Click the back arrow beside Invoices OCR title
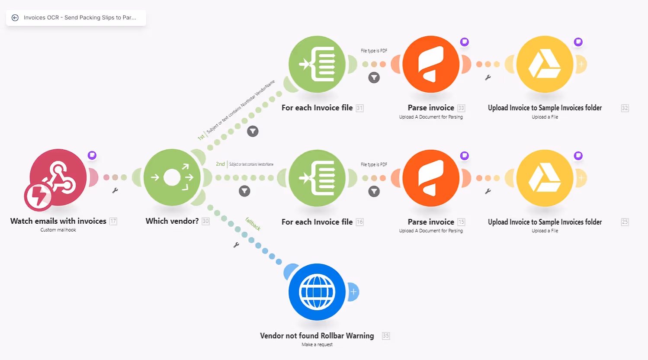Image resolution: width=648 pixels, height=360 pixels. point(15,18)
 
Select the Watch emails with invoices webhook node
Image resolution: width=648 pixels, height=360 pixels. point(58,177)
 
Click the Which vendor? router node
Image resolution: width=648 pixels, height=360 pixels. point(172,177)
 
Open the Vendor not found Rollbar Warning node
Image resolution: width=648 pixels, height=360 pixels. point(317,292)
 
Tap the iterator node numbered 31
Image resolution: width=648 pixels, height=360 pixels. point(317,64)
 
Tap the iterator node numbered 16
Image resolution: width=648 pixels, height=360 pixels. point(317,178)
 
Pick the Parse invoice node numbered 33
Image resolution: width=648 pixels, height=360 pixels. point(431,64)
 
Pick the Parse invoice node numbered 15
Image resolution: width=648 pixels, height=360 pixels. point(431,178)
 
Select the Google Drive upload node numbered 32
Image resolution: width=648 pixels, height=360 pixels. point(545,64)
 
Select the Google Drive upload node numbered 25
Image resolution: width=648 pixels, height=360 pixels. point(545,178)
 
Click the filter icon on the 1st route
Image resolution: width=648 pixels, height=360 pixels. point(253,131)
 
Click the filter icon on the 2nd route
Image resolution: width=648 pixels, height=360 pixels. point(244,191)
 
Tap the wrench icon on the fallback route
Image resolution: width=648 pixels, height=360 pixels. point(236,245)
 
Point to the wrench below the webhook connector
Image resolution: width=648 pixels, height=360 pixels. point(115,190)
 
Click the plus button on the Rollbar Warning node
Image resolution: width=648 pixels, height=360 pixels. point(353,292)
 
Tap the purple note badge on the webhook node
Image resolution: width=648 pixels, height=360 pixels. point(92,155)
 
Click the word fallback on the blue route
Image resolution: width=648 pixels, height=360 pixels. point(253,224)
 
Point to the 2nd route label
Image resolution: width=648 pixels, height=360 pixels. point(220,164)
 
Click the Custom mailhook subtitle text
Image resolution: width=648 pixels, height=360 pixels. point(58,230)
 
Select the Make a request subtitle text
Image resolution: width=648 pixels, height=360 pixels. point(317,344)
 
